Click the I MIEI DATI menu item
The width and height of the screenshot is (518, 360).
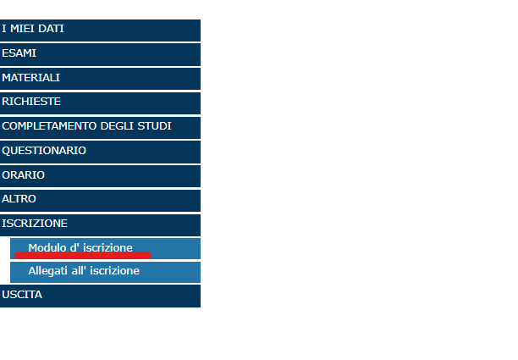click(100, 30)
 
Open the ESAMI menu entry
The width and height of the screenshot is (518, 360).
click(100, 54)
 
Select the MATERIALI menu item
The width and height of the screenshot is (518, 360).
click(100, 79)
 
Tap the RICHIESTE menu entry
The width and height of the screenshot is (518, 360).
click(100, 103)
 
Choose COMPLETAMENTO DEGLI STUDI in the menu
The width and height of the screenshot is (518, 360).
click(100, 128)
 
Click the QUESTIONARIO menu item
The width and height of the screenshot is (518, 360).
click(100, 152)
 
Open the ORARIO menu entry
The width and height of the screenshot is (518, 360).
click(100, 176)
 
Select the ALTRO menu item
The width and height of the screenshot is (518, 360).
click(100, 201)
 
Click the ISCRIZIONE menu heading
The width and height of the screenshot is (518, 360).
click(100, 225)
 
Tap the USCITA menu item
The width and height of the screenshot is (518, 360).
click(100, 296)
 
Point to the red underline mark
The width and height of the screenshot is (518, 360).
click(83, 255)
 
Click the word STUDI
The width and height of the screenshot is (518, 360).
click(154, 126)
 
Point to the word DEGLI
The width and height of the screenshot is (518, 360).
click(118, 126)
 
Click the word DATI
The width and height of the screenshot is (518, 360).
click(51, 29)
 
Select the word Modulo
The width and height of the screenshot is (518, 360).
click(47, 247)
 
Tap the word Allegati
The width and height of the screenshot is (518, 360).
click(48, 271)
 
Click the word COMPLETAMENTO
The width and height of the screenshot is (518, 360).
click(50, 126)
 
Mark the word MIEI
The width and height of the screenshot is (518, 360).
click(23, 29)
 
